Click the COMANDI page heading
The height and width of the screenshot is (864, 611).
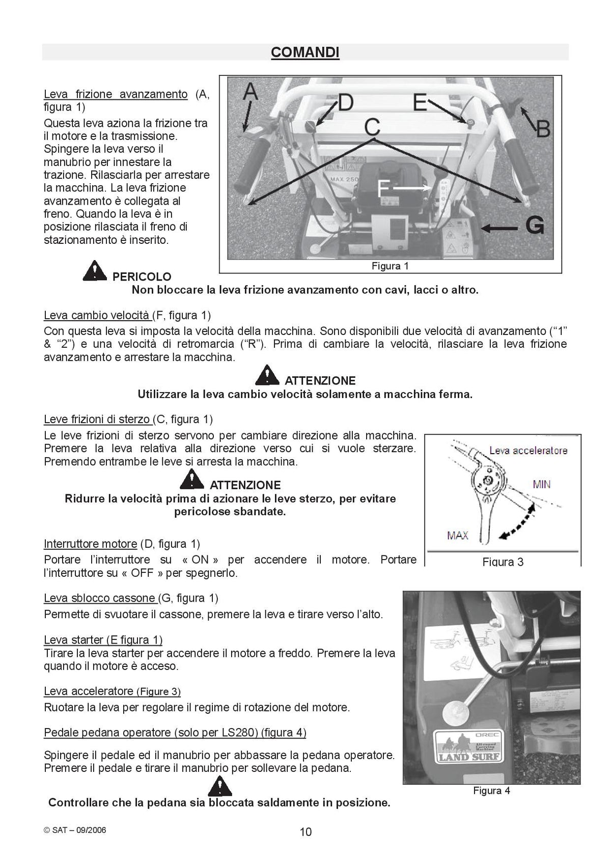coord(304,52)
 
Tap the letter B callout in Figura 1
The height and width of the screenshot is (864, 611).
coord(543,129)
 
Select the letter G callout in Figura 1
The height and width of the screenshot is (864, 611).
coord(535,225)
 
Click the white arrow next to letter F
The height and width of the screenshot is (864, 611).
coord(412,188)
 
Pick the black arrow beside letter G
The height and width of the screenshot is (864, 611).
coord(499,228)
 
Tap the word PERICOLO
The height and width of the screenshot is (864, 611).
coord(142,276)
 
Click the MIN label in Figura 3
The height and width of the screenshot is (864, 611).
coord(541,484)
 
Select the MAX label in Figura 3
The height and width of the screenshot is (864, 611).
coord(457,536)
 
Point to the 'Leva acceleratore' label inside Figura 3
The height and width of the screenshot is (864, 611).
coord(528,451)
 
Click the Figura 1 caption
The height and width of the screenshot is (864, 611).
coord(390,266)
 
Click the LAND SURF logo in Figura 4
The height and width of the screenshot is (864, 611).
coord(468,747)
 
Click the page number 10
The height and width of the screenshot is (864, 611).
coord(305,831)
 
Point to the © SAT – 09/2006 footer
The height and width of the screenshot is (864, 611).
coord(75,830)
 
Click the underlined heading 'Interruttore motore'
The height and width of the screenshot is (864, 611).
coord(90,544)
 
